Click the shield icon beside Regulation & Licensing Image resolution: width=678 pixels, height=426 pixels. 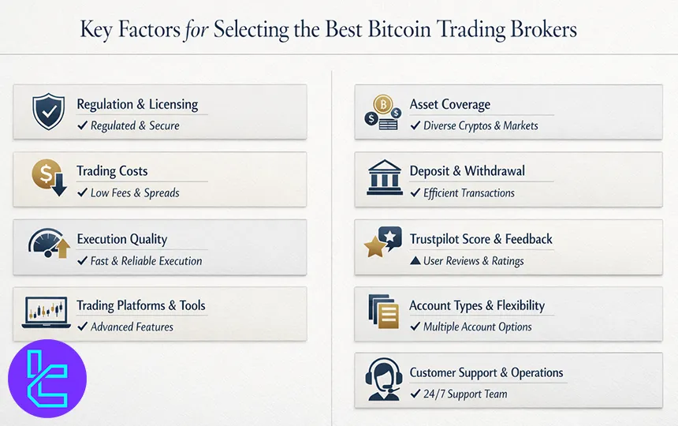[48, 112]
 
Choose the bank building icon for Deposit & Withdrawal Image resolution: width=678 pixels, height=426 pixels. [385, 178]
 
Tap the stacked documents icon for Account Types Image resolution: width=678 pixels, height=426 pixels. [384, 312]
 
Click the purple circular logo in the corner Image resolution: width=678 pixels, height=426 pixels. [47, 378]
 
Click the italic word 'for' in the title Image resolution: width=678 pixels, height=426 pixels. [196, 30]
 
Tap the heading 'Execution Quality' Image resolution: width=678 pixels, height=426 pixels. [122, 239]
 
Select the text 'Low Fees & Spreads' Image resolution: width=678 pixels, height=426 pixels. [135, 192]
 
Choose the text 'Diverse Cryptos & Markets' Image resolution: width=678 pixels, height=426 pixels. [480, 125]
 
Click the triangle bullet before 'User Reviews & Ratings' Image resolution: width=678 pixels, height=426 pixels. [415, 260]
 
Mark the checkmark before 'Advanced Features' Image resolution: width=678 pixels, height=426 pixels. [82, 327]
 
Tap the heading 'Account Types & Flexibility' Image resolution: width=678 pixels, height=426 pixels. [476, 305]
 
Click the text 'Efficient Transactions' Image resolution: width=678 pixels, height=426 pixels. [468, 192]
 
